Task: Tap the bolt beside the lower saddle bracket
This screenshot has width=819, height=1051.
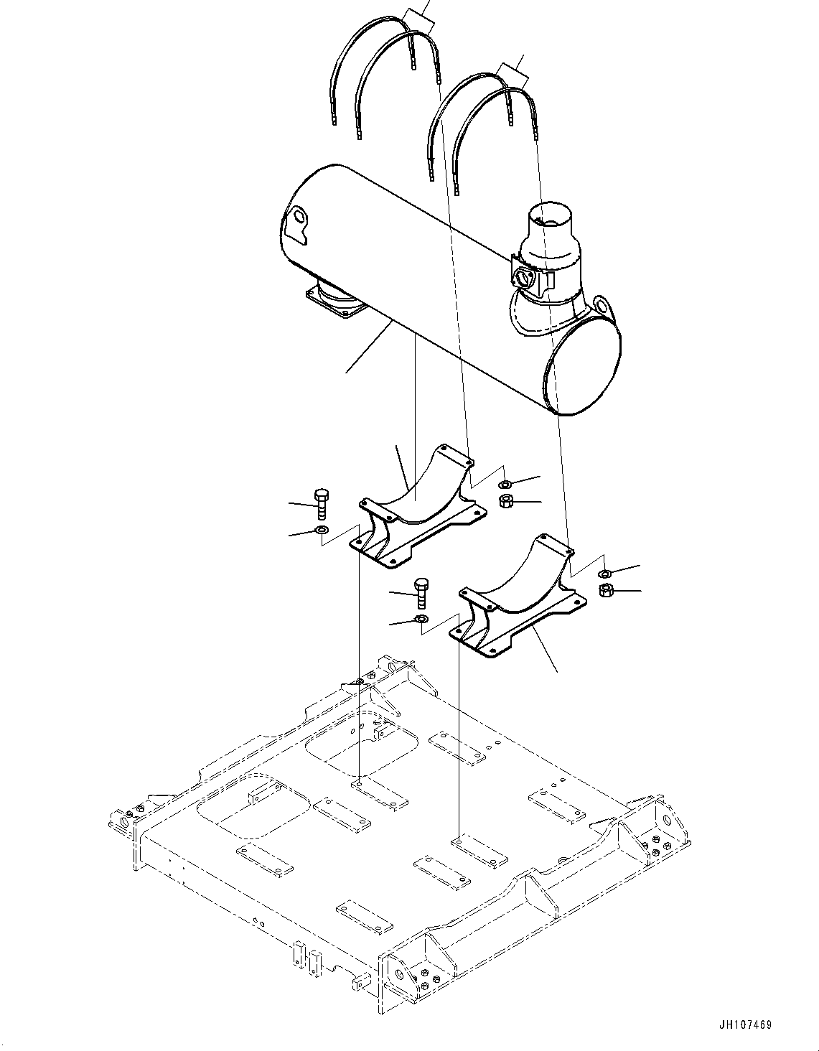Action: click(x=421, y=592)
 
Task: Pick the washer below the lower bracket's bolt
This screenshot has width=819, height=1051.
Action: click(x=421, y=619)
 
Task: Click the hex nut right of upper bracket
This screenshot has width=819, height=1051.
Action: click(x=505, y=501)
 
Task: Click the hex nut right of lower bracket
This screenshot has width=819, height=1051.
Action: click(x=605, y=591)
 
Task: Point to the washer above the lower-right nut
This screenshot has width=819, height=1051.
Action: click(x=605, y=572)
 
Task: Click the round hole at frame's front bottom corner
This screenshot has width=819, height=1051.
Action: click(x=400, y=975)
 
